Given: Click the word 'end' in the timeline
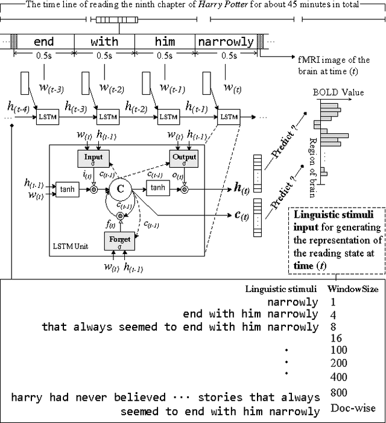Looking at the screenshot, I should click(x=43, y=42).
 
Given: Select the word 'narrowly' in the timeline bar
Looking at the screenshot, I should click(x=226, y=42).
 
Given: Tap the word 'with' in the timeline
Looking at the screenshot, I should click(x=104, y=42).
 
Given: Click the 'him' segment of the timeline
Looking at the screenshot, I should click(x=165, y=42).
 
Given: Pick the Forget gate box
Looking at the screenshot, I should click(x=119, y=241).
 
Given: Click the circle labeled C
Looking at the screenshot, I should click(x=120, y=189).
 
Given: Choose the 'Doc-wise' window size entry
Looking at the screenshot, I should click(x=353, y=408).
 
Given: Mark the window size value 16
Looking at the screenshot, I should click(x=337, y=338).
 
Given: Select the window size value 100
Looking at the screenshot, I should click(x=340, y=350).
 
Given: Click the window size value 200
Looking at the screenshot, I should click(x=340, y=363).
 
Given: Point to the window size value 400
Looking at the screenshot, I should click(x=340, y=377).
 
